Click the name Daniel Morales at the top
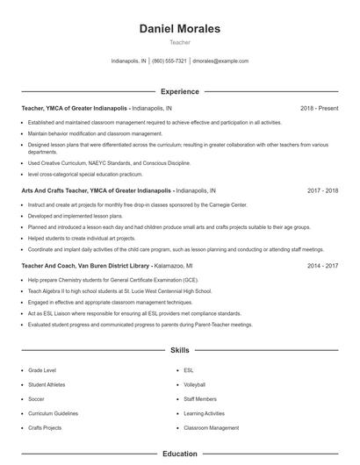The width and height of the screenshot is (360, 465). (179, 29)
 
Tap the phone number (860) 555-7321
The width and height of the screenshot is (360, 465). (169, 61)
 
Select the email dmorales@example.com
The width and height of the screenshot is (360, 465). (220, 61)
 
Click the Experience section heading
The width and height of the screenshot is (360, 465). (179, 91)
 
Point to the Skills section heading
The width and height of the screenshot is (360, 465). (179, 350)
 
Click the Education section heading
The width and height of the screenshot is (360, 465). (179, 454)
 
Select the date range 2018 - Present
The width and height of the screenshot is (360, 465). (319, 108)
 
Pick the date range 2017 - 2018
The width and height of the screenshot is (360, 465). (322, 190)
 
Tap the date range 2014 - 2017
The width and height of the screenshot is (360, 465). (322, 264)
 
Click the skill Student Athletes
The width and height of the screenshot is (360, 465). (47, 384)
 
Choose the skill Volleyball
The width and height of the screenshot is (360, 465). (194, 384)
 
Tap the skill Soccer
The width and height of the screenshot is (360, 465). (36, 398)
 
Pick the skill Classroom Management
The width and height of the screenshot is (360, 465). (211, 427)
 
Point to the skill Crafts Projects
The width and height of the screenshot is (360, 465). (45, 427)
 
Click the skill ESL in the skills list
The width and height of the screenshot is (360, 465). (189, 370)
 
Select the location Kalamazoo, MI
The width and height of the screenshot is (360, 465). (174, 264)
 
